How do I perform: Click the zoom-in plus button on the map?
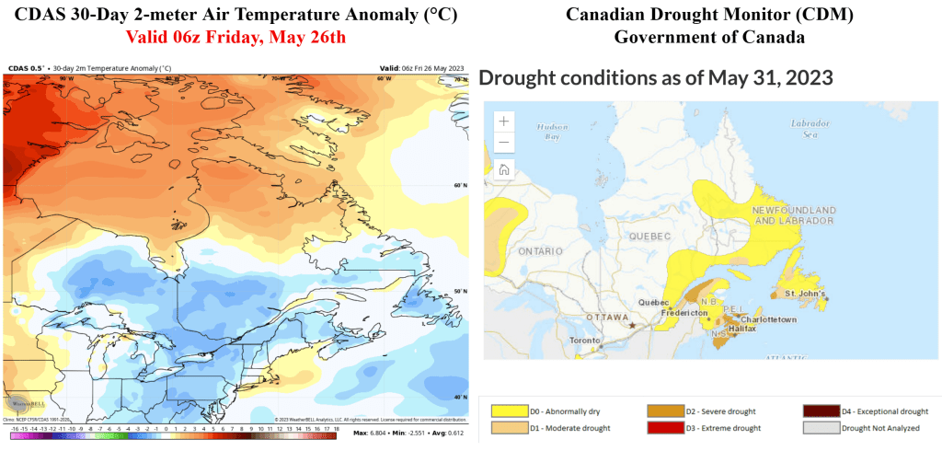click(504, 121)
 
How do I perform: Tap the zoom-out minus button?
click(504, 143)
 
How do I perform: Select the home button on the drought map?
click(504, 168)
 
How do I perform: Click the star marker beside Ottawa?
click(632, 325)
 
